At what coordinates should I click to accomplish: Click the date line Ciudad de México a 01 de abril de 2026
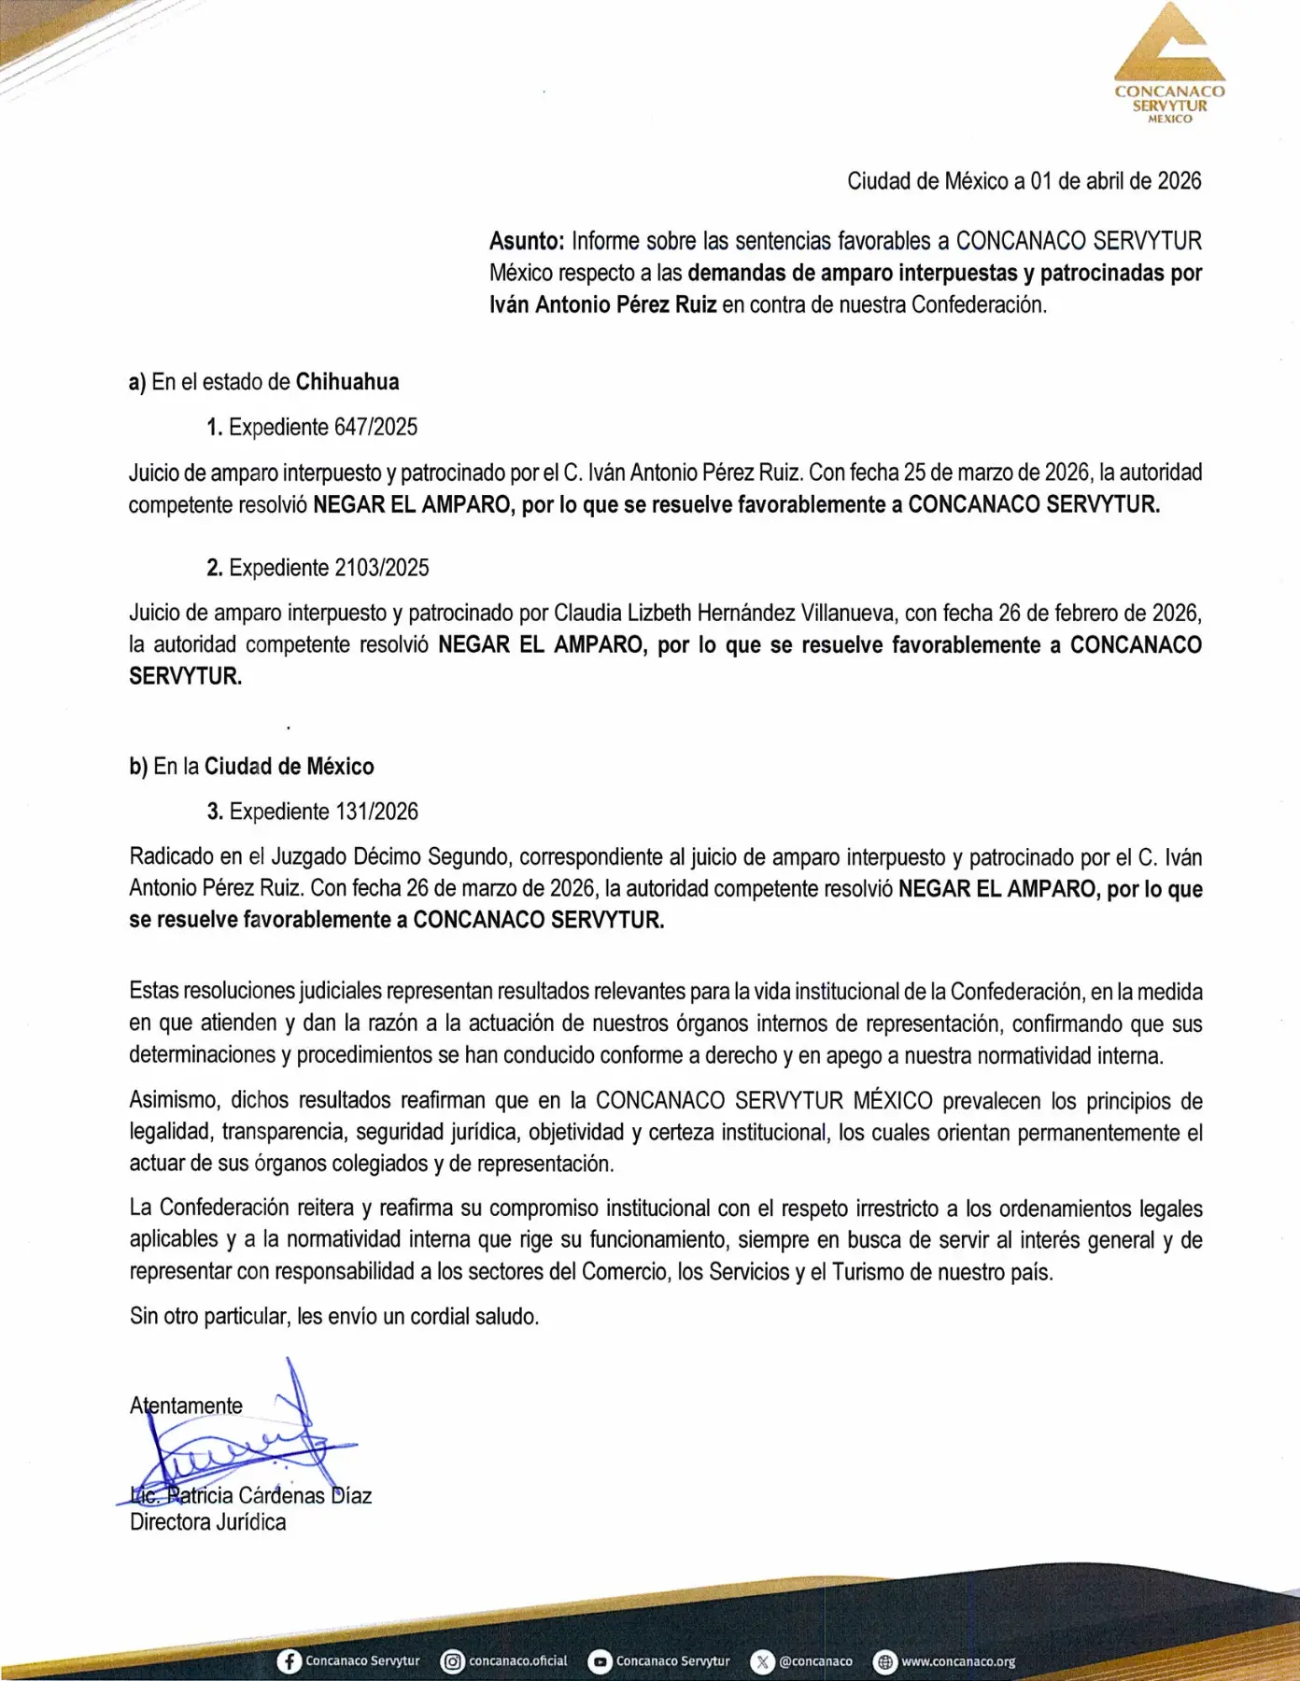1024,181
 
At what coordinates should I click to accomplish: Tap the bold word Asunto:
527,241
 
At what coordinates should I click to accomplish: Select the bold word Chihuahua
347,382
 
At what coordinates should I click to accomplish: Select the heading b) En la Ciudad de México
251,767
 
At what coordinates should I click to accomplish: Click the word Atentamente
186,1406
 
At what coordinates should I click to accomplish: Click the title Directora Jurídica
207,1522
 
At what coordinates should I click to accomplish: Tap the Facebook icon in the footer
290,1661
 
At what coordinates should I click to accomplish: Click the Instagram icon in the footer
453,1661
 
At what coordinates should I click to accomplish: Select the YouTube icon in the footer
600,1661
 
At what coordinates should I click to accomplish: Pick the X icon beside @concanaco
763,1661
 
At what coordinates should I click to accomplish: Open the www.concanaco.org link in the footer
957,1661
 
